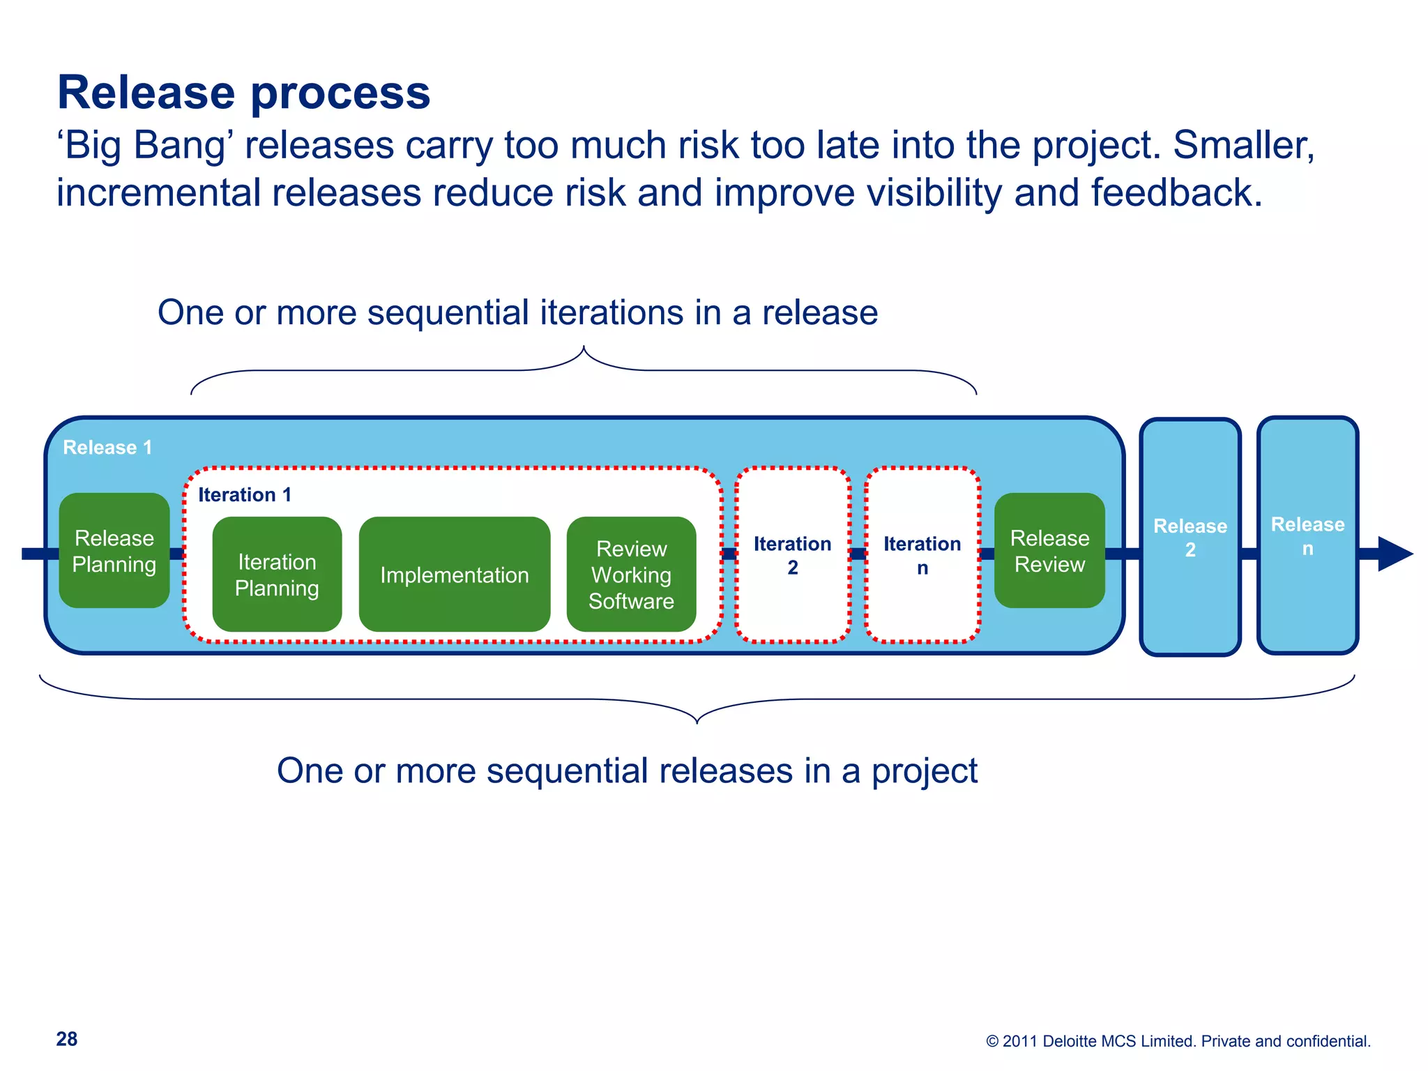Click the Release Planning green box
click(x=114, y=551)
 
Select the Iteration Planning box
click(x=277, y=575)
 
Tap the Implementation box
click(x=454, y=575)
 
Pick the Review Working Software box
click(x=631, y=575)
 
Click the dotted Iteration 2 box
click(x=793, y=555)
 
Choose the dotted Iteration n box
click(x=922, y=555)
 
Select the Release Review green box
click(x=1049, y=551)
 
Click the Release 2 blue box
click(x=1190, y=537)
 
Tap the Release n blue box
click(x=1307, y=535)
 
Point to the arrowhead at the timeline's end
click(x=1394, y=554)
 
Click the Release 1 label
click(x=107, y=448)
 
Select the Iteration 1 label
click(x=245, y=495)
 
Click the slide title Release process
click(x=243, y=93)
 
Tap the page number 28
click(x=67, y=1039)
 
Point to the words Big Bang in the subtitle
click(x=146, y=146)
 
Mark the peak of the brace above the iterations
click(x=584, y=348)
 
